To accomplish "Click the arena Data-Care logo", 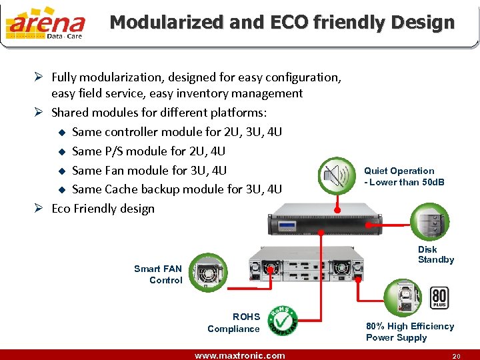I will tap(45, 24).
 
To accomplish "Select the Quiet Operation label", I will tap(403, 176).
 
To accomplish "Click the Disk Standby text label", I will tap(436, 255).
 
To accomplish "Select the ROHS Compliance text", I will tap(234, 323).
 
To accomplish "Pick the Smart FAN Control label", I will tap(159, 274).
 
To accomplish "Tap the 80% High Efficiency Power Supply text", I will tap(409, 331).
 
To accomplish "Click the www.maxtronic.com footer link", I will tap(239, 355).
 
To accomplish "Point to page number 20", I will tap(456, 356).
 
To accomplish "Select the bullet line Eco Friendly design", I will tap(103, 208).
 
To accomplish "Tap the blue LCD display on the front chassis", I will tap(287, 226).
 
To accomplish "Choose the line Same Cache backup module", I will tap(177, 189).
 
